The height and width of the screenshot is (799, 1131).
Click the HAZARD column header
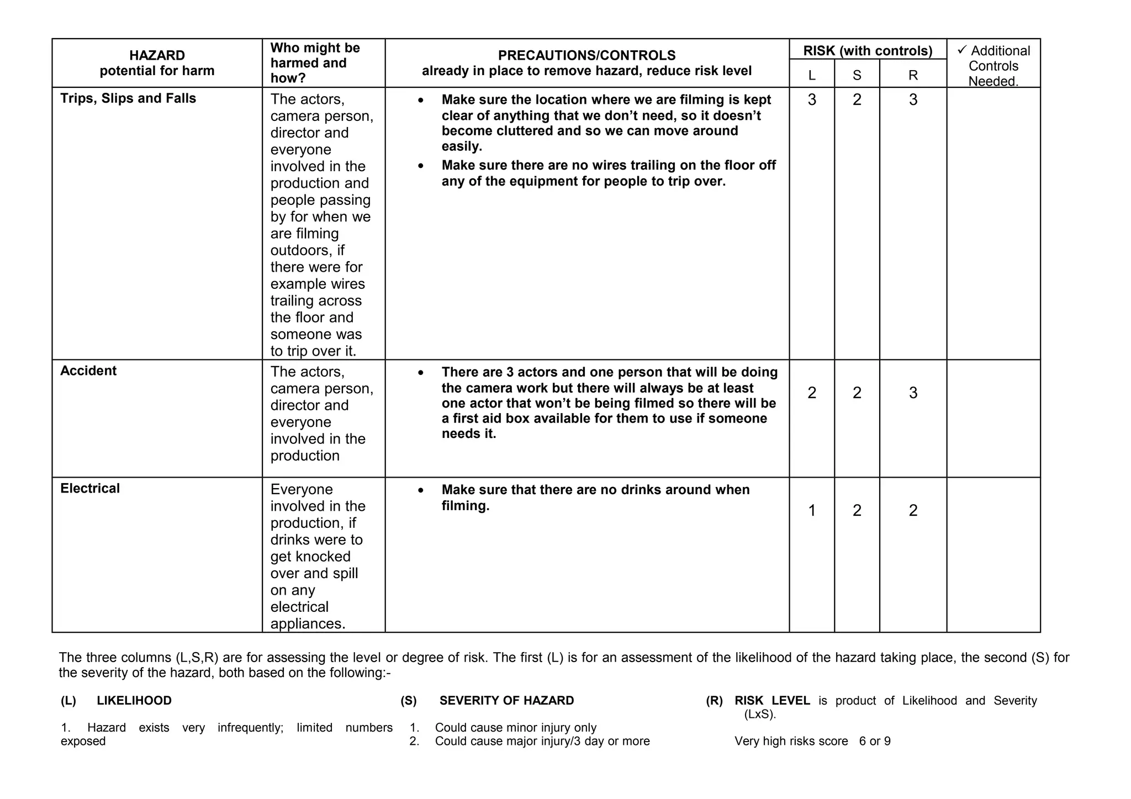point(157,55)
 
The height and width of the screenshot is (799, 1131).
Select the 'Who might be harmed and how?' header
point(315,63)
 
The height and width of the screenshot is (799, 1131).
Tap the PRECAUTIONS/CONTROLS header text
point(586,55)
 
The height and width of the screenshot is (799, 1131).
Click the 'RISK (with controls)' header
point(868,51)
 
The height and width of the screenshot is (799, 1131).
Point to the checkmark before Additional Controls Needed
point(962,50)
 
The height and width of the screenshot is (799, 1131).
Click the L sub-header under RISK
point(811,75)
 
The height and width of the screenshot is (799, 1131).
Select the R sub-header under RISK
point(913,75)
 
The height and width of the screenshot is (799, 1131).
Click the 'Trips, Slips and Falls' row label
point(128,98)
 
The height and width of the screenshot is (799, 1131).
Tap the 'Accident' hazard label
point(88,371)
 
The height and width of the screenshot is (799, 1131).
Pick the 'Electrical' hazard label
point(90,488)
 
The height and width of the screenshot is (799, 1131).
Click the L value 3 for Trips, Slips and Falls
point(812,100)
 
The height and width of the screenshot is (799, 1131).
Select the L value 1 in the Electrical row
point(812,510)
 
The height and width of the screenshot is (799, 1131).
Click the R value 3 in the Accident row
point(913,393)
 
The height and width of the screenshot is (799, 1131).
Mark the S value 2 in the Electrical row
point(857,510)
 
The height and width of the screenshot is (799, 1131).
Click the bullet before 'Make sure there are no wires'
point(421,166)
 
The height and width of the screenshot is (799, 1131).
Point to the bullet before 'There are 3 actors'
point(421,373)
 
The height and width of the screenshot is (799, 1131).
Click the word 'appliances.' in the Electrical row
point(308,623)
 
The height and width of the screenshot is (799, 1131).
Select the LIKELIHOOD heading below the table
point(134,701)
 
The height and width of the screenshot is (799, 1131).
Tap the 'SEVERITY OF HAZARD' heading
point(506,701)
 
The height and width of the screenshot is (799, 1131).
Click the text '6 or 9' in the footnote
point(875,741)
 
